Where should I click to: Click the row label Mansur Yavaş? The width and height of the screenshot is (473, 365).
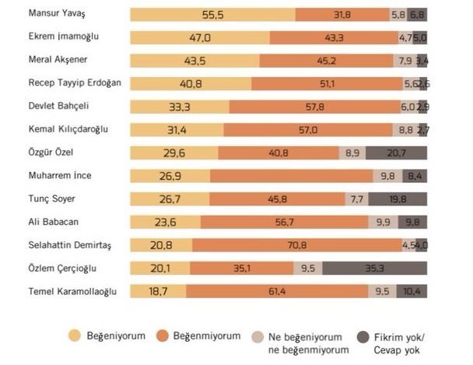tap(58, 14)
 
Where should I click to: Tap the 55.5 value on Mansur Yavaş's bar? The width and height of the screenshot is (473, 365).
tap(212, 14)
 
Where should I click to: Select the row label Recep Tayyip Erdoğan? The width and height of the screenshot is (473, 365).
tap(76, 82)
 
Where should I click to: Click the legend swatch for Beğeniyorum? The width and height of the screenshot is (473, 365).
tap(75, 335)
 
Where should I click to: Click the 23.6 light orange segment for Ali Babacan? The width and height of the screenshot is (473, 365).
tap(163, 223)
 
